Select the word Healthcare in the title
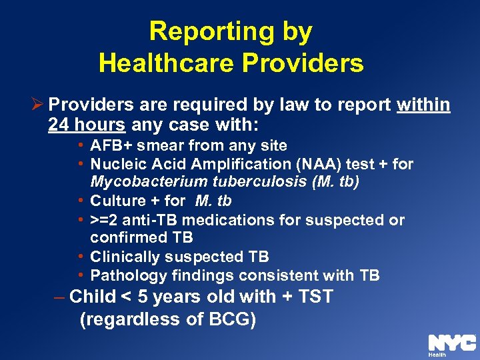click(x=167, y=63)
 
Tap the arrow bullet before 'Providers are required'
click(x=39, y=105)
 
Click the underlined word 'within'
click(x=423, y=105)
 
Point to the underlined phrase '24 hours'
click(x=87, y=125)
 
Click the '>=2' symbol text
click(x=104, y=220)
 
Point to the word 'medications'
click(x=219, y=220)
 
